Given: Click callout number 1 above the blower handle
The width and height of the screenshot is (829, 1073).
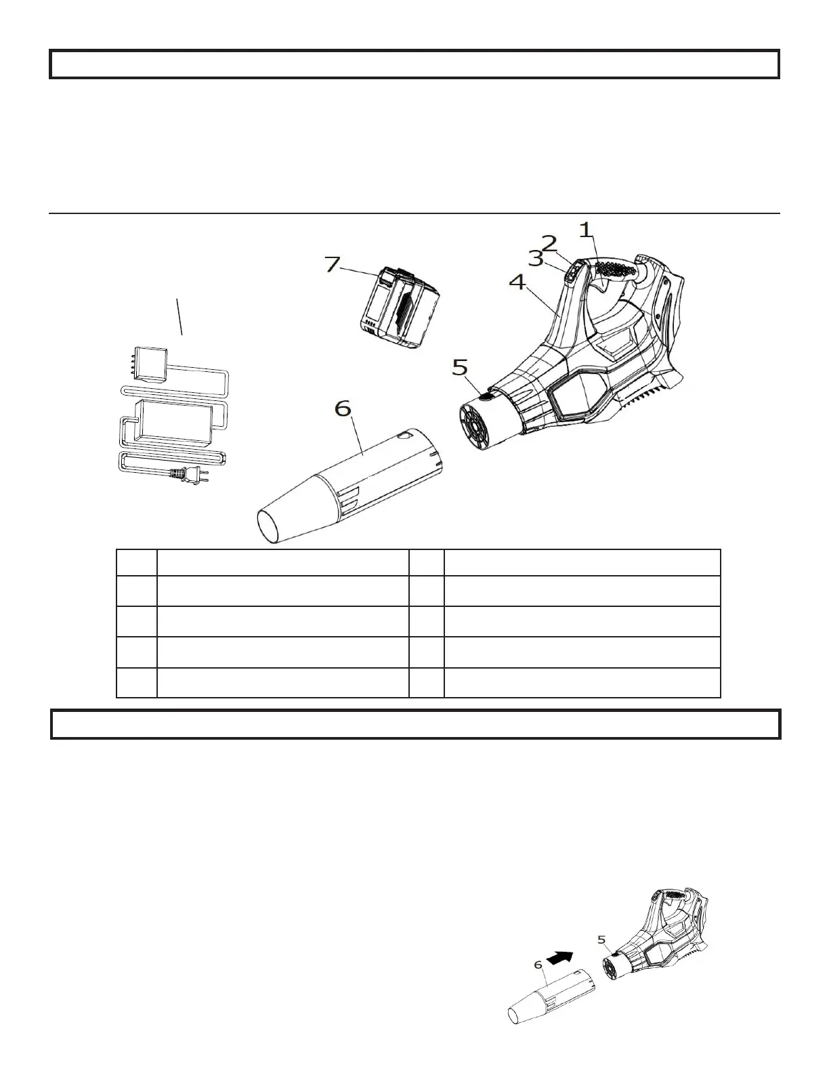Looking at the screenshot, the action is coord(587,231).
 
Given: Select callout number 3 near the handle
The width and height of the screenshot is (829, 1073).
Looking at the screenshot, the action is coord(535,259).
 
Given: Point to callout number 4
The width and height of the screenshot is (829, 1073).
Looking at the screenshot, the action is coord(516,282).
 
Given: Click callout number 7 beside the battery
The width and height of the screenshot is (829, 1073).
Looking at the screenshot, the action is coord(332,264).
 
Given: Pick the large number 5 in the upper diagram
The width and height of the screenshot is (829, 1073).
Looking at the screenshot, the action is coord(460,368).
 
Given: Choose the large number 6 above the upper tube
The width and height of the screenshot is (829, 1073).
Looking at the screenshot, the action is coord(343,409).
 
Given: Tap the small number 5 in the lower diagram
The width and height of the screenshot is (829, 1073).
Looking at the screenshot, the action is coord(601,939).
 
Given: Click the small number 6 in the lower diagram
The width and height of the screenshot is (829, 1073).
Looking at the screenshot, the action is coord(538,965).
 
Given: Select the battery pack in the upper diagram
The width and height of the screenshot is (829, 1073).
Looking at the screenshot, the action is coord(398,309).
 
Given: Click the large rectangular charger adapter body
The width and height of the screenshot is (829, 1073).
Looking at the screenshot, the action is coord(173,423).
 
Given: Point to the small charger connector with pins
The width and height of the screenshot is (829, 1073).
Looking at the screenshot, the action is coord(150,364).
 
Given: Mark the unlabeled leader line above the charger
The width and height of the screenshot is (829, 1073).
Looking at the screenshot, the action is coord(179,316).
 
